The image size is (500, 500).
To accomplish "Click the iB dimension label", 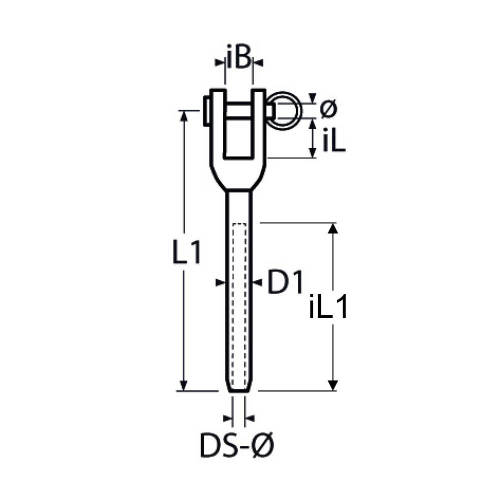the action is click(238, 57).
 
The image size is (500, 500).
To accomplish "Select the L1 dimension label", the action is click(186, 252).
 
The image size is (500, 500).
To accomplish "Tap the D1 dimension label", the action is click(285, 281).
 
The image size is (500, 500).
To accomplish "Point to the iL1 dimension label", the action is click(328, 306).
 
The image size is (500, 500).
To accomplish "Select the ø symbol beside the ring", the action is click(328, 109).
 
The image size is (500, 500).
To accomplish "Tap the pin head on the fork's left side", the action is click(206, 111).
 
